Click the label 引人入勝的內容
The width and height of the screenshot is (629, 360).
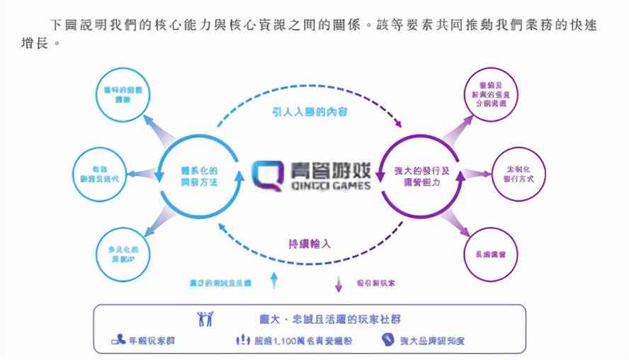tap(310, 111)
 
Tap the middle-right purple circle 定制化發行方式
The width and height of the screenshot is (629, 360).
tap(518, 174)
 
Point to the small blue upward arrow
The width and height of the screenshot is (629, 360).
tap(274, 281)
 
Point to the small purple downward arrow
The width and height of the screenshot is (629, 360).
tap(338, 283)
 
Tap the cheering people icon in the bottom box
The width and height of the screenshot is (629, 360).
tap(205, 320)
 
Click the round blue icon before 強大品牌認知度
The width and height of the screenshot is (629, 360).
tap(387, 340)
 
